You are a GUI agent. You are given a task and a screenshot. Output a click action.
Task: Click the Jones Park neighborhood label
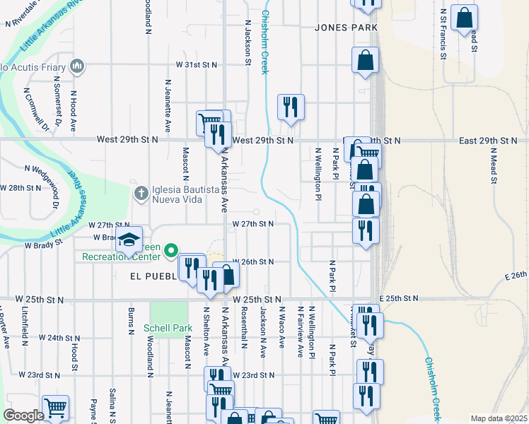pos(347,28)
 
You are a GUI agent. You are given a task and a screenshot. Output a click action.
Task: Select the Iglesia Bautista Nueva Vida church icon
pos(141,192)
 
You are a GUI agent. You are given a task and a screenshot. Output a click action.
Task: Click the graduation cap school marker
pos(129,240)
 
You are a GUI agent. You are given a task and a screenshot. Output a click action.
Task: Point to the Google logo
pos(23,416)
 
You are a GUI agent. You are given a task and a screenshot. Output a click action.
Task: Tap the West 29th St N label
pos(262,141)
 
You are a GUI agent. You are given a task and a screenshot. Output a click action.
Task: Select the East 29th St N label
pos(488,141)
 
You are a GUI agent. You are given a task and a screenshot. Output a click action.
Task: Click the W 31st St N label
pos(197,64)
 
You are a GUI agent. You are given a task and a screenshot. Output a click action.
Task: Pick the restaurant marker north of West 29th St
pos(290,107)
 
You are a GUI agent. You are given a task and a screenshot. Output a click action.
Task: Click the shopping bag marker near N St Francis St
pos(465,18)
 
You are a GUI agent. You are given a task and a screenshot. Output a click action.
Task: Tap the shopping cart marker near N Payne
pos(55,407)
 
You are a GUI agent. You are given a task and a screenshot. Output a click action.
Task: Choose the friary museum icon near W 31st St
pos(77,68)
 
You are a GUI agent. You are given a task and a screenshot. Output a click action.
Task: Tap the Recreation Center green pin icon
pos(170,250)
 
